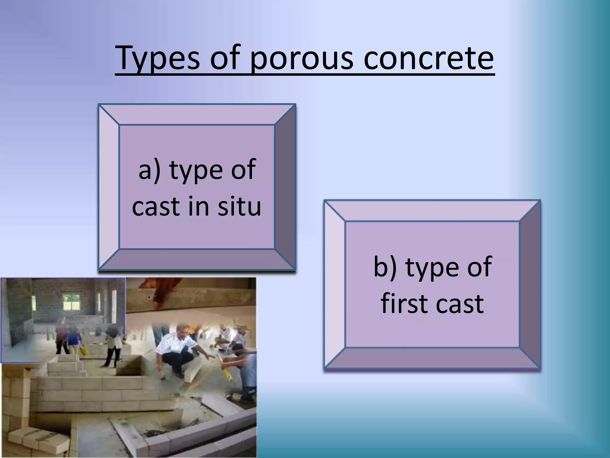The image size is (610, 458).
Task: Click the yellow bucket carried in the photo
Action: point(84,351)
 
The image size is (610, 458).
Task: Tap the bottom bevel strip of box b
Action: point(432,358)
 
